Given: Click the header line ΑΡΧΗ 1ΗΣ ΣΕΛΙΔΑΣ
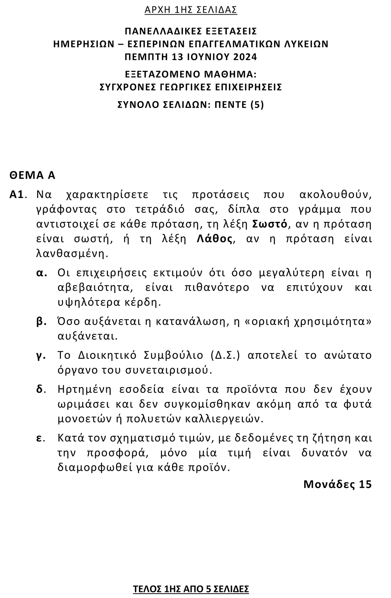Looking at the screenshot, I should pyautogui.click(x=191, y=10).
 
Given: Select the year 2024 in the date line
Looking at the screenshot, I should pyautogui.click(x=245, y=57).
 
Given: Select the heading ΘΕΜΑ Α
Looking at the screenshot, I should pyautogui.click(x=32, y=175).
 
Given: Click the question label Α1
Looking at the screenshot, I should pyautogui.click(x=17, y=195).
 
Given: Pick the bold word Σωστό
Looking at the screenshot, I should pyautogui.click(x=269, y=224).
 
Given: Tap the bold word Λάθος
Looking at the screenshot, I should pyautogui.click(x=215, y=239).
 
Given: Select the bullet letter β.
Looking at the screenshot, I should pyautogui.click(x=41, y=322).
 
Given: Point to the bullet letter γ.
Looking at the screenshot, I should pyautogui.click(x=40, y=355).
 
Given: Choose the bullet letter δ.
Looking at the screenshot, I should pyautogui.click(x=40, y=389).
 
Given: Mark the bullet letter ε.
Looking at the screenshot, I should pyautogui.click(x=40, y=438).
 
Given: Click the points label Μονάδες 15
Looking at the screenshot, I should pyautogui.click(x=337, y=484).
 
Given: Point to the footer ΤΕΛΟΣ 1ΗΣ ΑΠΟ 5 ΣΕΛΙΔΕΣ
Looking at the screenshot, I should pyautogui.click(x=191, y=589).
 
